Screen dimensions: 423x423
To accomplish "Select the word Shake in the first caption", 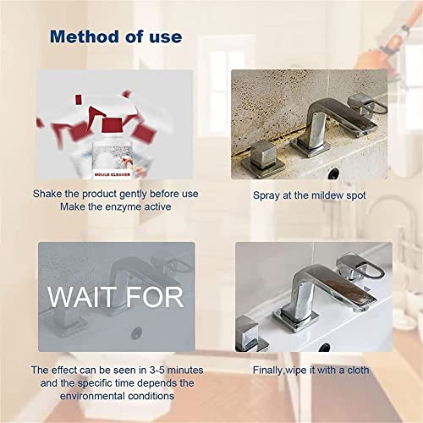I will pos(48,194).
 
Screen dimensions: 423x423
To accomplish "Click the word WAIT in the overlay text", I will pos(80,298).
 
